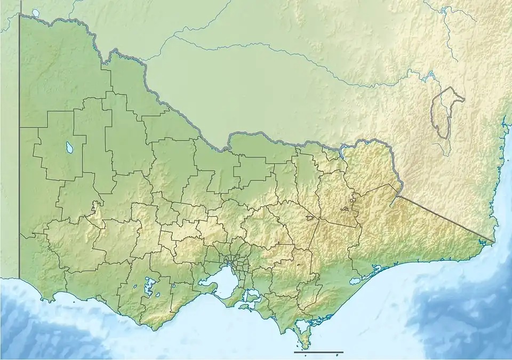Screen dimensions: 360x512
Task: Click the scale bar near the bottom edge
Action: [318, 352]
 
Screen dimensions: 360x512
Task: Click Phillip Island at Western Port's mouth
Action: [246, 308]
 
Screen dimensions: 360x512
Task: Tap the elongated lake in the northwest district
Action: [70, 145]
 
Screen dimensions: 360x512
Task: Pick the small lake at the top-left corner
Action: [36, 12]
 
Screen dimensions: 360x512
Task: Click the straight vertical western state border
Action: [20, 160]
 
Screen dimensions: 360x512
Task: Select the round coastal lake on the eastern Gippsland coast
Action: [355, 280]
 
